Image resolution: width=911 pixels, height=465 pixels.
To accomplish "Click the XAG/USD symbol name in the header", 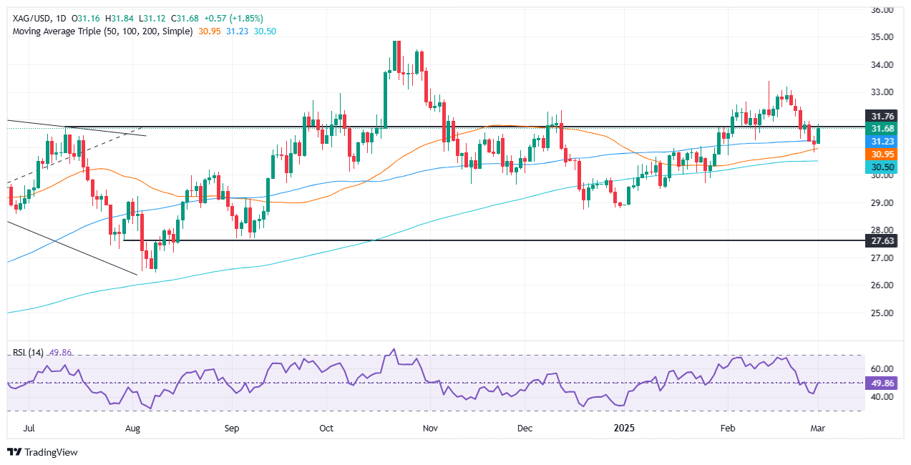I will point(31,18).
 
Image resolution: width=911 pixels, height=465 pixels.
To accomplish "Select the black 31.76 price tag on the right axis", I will point(885,116).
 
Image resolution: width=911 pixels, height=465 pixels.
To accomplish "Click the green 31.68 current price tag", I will point(885,128).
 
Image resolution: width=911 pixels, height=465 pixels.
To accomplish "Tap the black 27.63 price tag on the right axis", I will point(885,241).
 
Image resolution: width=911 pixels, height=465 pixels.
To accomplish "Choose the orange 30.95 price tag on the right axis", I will point(885,154).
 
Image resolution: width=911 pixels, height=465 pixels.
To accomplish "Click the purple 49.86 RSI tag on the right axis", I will point(885,383).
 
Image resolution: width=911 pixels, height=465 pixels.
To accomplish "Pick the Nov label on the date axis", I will point(429,429).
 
